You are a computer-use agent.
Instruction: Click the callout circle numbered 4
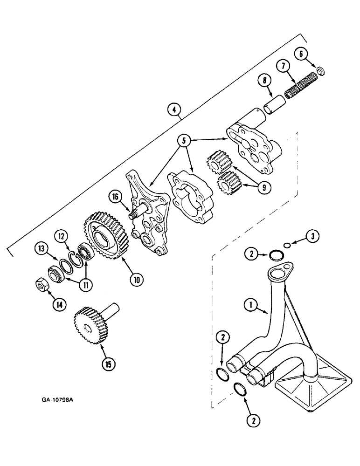point(174,110)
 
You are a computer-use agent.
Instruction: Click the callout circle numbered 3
point(313,236)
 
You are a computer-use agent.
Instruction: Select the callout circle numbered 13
point(43,250)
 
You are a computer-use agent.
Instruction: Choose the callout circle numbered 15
point(107,364)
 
